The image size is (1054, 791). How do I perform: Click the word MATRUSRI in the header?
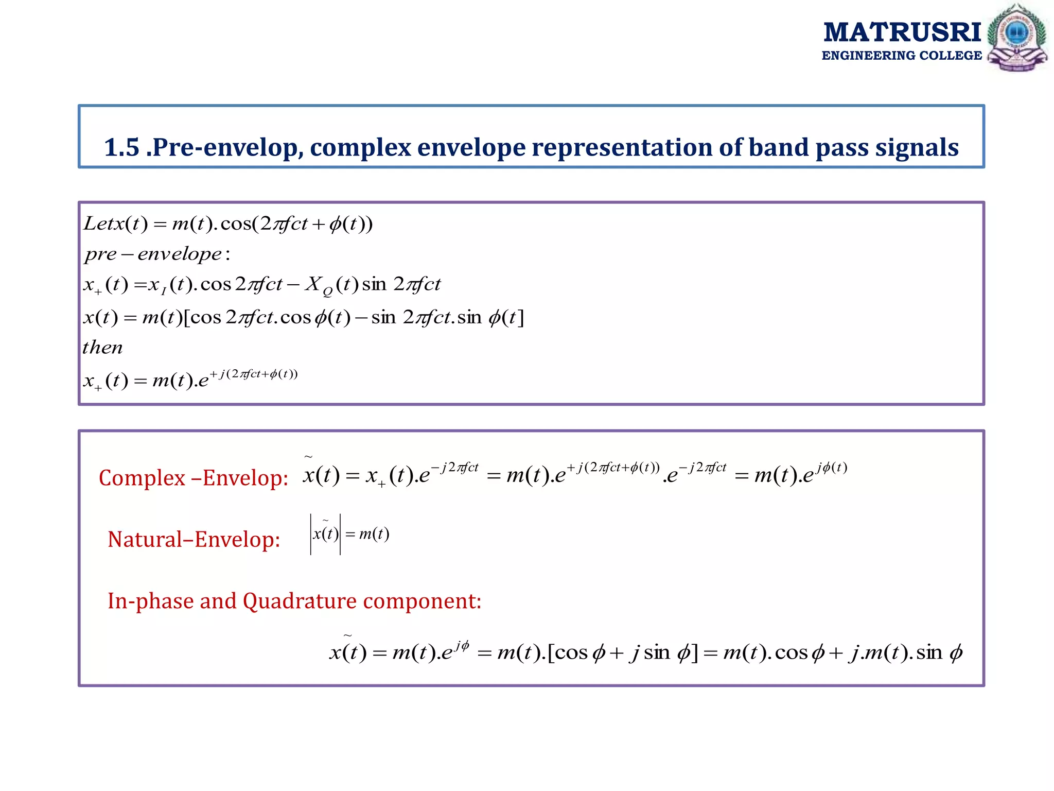[x=902, y=33]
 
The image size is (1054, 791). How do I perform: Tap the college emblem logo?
[x=1016, y=38]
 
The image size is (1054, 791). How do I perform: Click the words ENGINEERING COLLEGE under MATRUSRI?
[x=902, y=56]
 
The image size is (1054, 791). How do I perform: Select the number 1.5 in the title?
[x=122, y=148]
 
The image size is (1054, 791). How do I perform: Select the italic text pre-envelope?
[x=153, y=254]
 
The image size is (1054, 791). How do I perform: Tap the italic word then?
[x=103, y=347]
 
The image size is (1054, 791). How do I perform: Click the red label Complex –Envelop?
[x=193, y=478]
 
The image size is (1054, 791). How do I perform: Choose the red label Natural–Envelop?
[x=194, y=540]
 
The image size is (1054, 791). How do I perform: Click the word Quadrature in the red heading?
[x=300, y=601]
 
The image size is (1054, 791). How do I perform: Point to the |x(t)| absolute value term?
[x=325, y=534]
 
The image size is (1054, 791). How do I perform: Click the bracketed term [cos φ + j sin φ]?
[x=623, y=653]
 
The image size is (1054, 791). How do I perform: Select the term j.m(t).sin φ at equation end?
[x=906, y=653]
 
